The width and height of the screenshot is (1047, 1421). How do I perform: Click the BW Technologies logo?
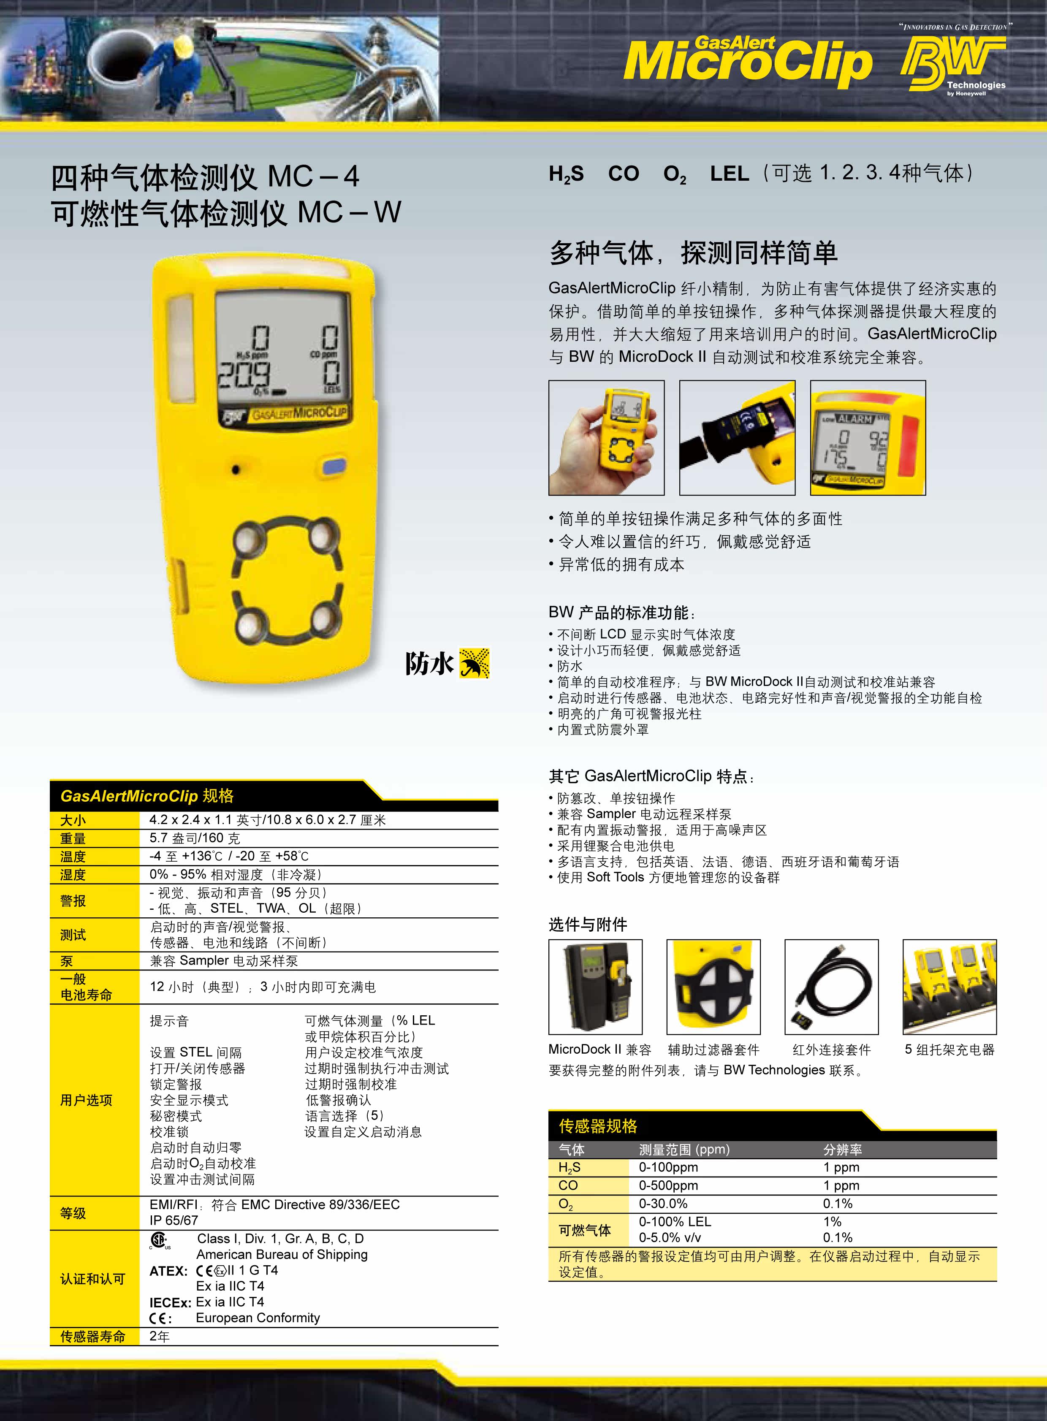pos(953,63)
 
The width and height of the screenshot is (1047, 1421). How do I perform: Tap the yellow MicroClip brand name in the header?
pos(748,62)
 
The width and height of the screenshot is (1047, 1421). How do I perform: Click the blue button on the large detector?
pos(334,466)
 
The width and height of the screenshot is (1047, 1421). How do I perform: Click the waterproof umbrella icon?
pos(474,663)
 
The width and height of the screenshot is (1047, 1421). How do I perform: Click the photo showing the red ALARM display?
pos(868,437)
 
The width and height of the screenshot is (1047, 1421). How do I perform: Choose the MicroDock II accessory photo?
pos(595,987)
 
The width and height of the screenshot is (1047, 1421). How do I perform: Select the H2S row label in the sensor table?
pos(569,1167)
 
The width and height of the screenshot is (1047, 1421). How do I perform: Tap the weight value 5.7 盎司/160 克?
pos(195,838)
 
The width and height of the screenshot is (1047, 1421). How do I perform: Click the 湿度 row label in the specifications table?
pos(73,875)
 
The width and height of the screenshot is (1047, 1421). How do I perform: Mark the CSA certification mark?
pos(159,1240)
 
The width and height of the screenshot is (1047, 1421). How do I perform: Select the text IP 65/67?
pos(174,1220)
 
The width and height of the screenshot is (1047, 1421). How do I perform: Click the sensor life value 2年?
pos(159,1336)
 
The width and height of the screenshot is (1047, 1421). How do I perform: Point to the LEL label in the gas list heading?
pos(730,173)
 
